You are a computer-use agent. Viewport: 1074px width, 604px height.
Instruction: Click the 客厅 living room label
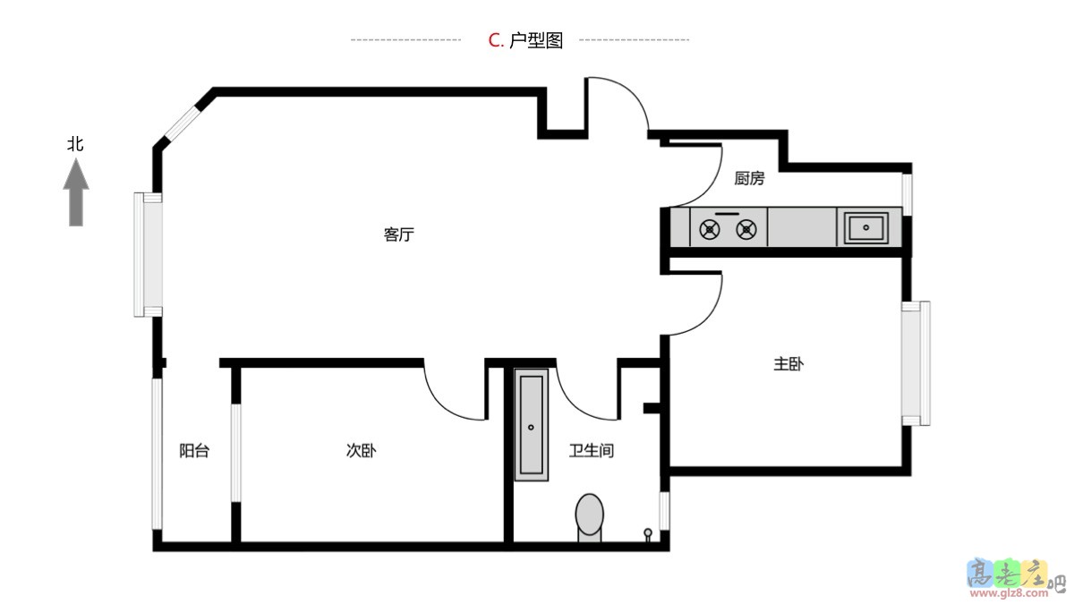pos(398,234)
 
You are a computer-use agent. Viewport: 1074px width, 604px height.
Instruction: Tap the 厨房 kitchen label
pos(749,178)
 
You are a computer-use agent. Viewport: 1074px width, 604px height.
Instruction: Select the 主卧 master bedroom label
pos(788,364)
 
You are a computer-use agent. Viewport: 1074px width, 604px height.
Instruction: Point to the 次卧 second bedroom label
pos(361,451)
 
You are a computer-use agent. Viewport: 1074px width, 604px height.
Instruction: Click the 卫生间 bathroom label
pos(592,451)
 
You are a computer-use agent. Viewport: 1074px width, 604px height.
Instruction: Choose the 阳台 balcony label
pos(194,451)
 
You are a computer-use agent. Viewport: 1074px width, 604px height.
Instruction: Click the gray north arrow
pos(76,192)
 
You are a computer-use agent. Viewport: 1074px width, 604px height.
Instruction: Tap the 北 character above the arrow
pos(75,144)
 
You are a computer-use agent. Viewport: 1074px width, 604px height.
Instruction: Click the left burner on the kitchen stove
pos(709,230)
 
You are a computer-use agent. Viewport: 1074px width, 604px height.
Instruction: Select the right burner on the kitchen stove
pos(746,230)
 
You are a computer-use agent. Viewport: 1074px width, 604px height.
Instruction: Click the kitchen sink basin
pos(866,227)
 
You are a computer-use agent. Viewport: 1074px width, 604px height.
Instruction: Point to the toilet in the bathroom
pos(589,518)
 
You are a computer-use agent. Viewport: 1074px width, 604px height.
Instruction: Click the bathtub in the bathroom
pos(532,425)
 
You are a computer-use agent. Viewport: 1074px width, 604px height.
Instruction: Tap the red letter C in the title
pos(494,40)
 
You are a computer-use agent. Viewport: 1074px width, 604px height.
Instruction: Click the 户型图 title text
pos(536,40)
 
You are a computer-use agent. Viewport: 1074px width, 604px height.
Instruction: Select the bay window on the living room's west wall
pos(148,254)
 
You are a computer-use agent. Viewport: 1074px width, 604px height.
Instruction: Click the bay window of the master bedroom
pos(916,363)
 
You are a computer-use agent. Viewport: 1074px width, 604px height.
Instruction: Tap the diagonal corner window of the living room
pos(181,123)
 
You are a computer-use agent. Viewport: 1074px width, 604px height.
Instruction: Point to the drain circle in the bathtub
pos(531,427)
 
